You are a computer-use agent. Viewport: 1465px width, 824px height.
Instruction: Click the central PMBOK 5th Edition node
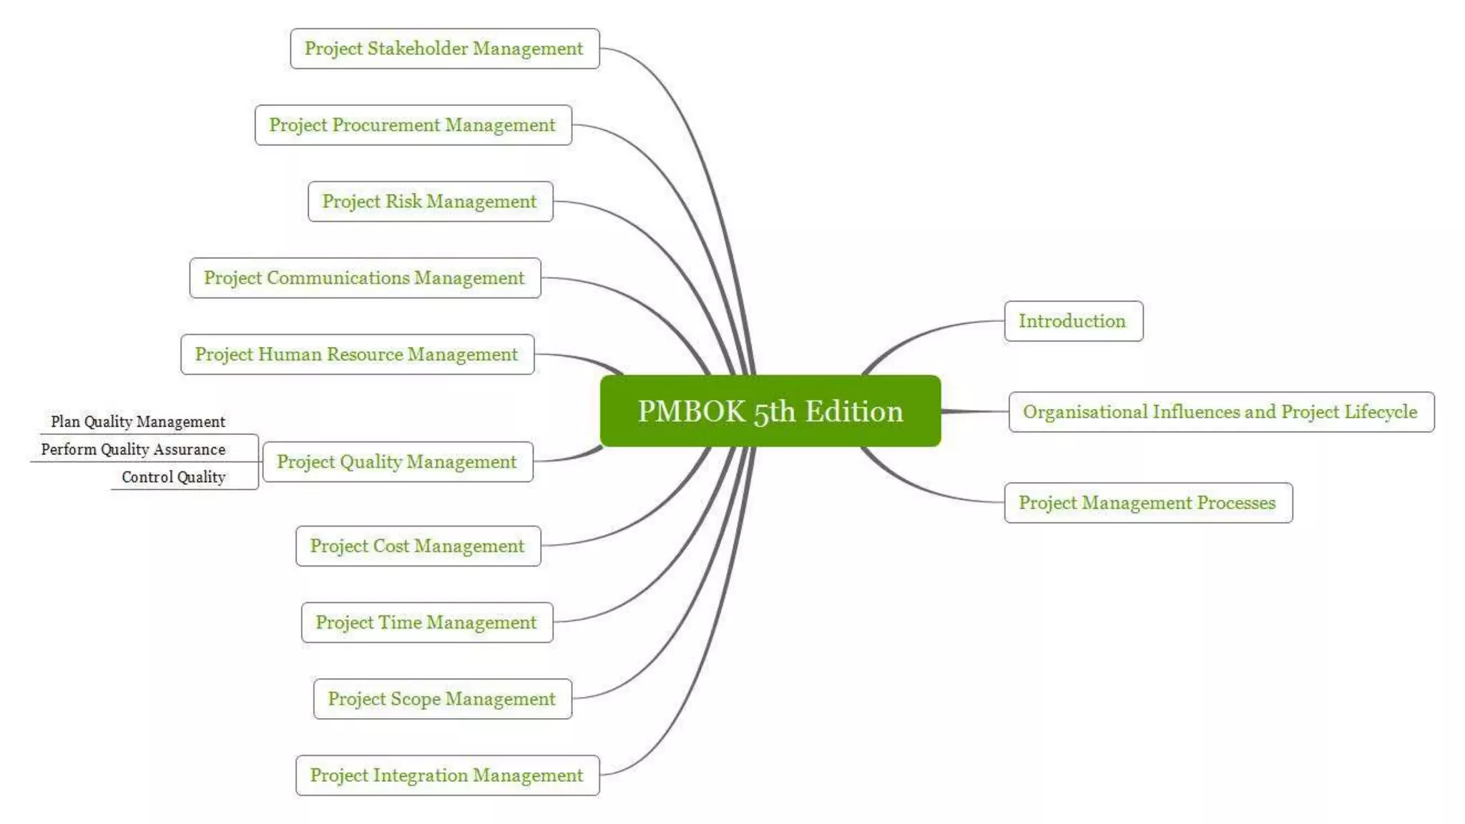(770, 411)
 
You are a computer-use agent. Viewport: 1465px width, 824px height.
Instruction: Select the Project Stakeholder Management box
(444, 49)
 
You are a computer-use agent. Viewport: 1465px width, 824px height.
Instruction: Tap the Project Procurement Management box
(413, 125)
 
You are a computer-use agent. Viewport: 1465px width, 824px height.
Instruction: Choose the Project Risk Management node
(430, 202)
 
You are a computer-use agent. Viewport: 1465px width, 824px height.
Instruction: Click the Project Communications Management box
(365, 278)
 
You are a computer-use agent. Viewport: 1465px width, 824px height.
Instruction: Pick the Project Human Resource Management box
(357, 355)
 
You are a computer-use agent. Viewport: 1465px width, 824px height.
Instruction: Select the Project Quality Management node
(397, 462)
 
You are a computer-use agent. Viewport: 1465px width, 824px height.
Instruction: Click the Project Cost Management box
(418, 546)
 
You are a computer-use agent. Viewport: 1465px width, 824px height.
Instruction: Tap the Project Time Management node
(426, 623)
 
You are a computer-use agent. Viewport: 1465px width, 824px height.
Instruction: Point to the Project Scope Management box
(442, 700)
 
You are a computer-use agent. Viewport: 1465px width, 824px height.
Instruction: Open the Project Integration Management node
(447, 776)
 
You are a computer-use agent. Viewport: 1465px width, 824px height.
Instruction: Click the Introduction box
(1073, 321)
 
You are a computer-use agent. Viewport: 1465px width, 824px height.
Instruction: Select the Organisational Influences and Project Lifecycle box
(1221, 412)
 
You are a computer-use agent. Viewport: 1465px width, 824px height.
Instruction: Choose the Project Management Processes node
(1148, 503)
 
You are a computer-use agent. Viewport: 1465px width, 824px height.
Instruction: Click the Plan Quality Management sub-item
(138, 422)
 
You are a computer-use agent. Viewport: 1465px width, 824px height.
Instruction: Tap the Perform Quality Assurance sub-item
(133, 450)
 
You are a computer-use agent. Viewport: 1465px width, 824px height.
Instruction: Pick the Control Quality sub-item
(174, 478)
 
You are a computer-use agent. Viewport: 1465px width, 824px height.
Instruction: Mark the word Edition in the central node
(854, 411)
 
